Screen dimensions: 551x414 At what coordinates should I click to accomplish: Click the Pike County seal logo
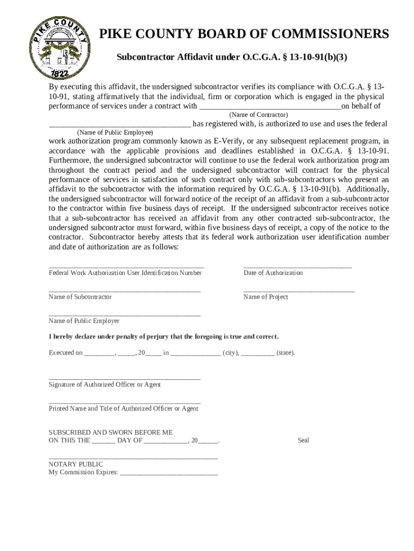pos(58,47)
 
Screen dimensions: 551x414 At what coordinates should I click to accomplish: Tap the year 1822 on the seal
pos(56,73)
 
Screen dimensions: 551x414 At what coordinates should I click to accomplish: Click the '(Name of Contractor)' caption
pos(259,115)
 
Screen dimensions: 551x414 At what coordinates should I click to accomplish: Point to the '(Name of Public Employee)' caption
pos(115,132)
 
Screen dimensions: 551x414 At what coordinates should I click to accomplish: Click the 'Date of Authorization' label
pos(273,273)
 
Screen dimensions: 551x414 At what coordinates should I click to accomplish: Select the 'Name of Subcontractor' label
pos(80,297)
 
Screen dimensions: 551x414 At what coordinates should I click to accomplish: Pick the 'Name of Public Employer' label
pos(84,321)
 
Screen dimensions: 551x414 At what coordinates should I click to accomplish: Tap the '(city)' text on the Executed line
pos(231,354)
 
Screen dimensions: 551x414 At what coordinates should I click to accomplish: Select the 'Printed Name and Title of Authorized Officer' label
pos(123,409)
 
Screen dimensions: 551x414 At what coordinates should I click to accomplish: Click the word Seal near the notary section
pos(304,440)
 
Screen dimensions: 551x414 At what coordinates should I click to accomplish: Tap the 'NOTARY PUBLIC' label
pos(76,464)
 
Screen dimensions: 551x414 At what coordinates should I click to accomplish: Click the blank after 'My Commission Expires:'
pos(169,474)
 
